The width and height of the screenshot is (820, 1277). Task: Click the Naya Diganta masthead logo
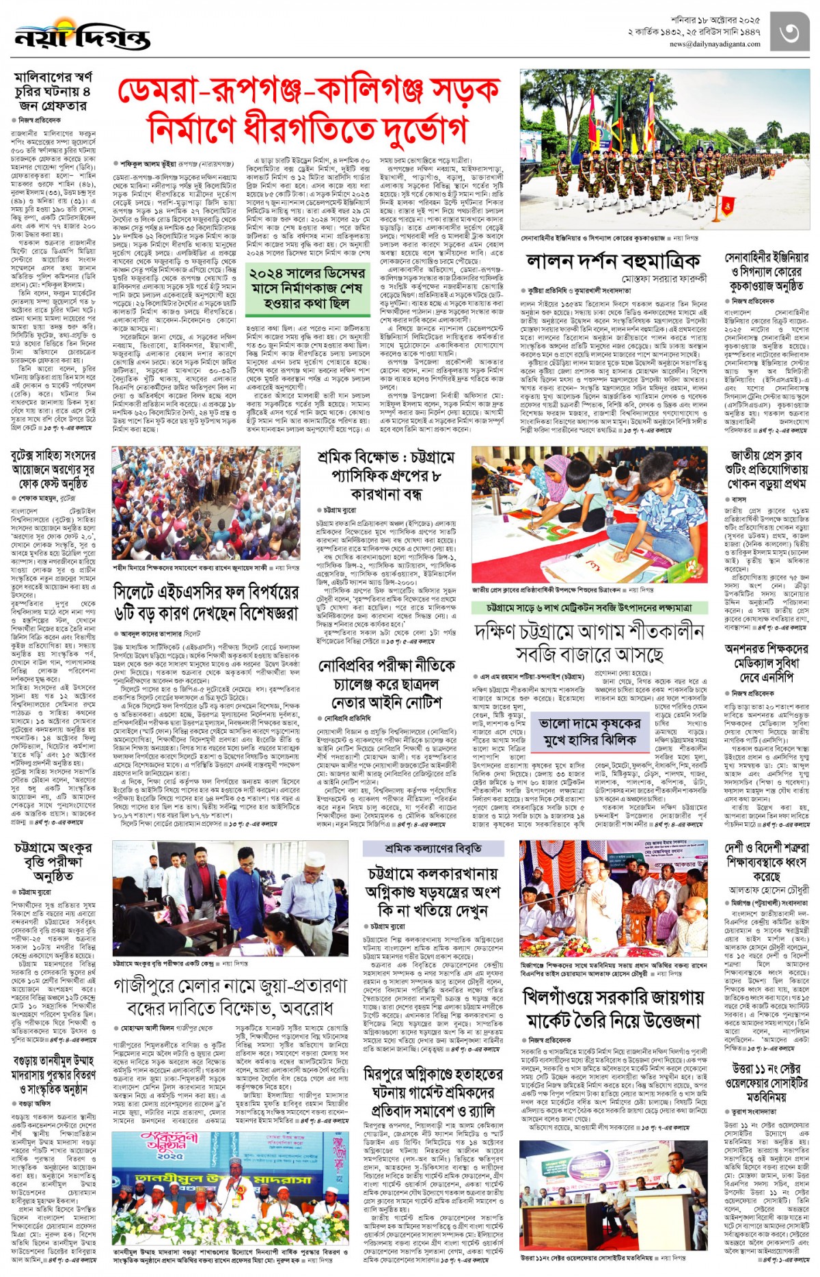click(x=82, y=36)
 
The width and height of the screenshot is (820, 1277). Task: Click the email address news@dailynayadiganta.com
click(x=714, y=44)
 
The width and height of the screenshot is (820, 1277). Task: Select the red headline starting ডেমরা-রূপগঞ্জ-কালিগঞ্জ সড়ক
click(x=309, y=109)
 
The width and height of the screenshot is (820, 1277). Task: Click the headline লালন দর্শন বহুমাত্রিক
click(x=613, y=261)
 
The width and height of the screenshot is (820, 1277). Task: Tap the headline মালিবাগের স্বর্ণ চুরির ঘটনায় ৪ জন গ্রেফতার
click(x=53, y=91)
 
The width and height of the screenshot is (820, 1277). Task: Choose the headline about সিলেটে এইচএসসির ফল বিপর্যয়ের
click(x=206, y=602)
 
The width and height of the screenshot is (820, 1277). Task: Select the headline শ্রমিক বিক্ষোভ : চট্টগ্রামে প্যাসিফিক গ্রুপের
click(x=386, y=475)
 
